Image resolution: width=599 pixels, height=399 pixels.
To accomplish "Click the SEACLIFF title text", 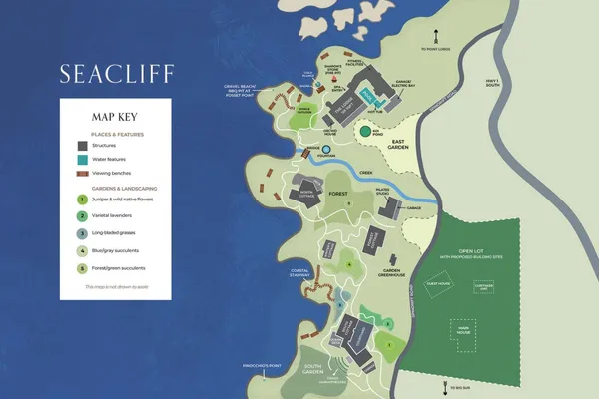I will (114, 74).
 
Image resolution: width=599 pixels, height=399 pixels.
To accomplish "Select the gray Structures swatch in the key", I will (79, 145).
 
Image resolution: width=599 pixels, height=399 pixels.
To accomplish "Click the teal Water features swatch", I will (79, 159).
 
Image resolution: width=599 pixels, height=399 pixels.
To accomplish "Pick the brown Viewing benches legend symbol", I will (79, 173).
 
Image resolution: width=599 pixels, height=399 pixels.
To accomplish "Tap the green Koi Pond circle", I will (366, 130).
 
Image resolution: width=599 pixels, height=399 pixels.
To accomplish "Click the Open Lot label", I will (475, 251).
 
